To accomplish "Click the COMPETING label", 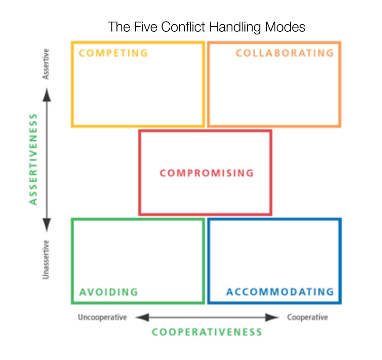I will (113, 53).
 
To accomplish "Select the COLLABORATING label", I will (285, 53).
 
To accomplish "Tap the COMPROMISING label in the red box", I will (206, 173).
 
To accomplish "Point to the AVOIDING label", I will (109, 292).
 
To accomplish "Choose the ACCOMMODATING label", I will (280, 292).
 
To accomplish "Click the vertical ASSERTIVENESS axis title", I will (34, 159).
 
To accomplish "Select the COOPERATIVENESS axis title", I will (207, 332).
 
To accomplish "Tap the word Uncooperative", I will (102, 317).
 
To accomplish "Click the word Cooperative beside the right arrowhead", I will (307, 317).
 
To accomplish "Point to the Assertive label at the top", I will (46, 64).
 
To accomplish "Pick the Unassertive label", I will (46, 259).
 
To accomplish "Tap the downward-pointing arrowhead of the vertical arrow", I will (46, 224).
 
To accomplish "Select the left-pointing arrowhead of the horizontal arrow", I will (142, 317).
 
